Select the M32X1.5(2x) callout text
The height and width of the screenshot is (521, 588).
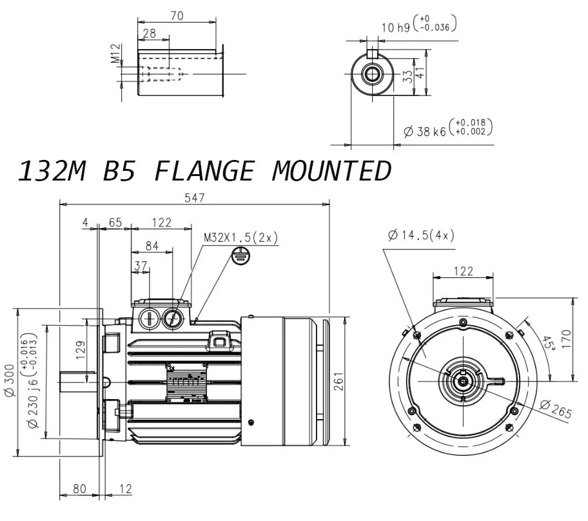(x=240, y=237)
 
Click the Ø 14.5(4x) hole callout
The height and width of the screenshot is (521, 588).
(x=421, y=235)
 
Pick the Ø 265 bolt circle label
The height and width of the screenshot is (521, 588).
(x=555, y=409)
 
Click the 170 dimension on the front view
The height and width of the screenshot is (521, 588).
(x=566, y=339)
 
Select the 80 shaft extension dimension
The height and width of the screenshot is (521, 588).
(x=79, y=489)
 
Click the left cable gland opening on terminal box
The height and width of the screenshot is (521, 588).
(x=148, y=318)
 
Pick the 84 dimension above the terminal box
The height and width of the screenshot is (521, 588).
(x=152, y=245)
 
